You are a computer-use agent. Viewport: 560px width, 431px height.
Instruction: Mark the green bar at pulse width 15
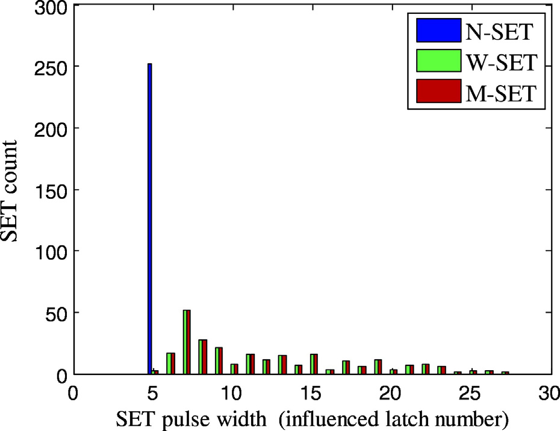tap(313, 364)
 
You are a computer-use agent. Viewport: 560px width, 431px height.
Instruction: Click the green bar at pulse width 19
tap(376, 367)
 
